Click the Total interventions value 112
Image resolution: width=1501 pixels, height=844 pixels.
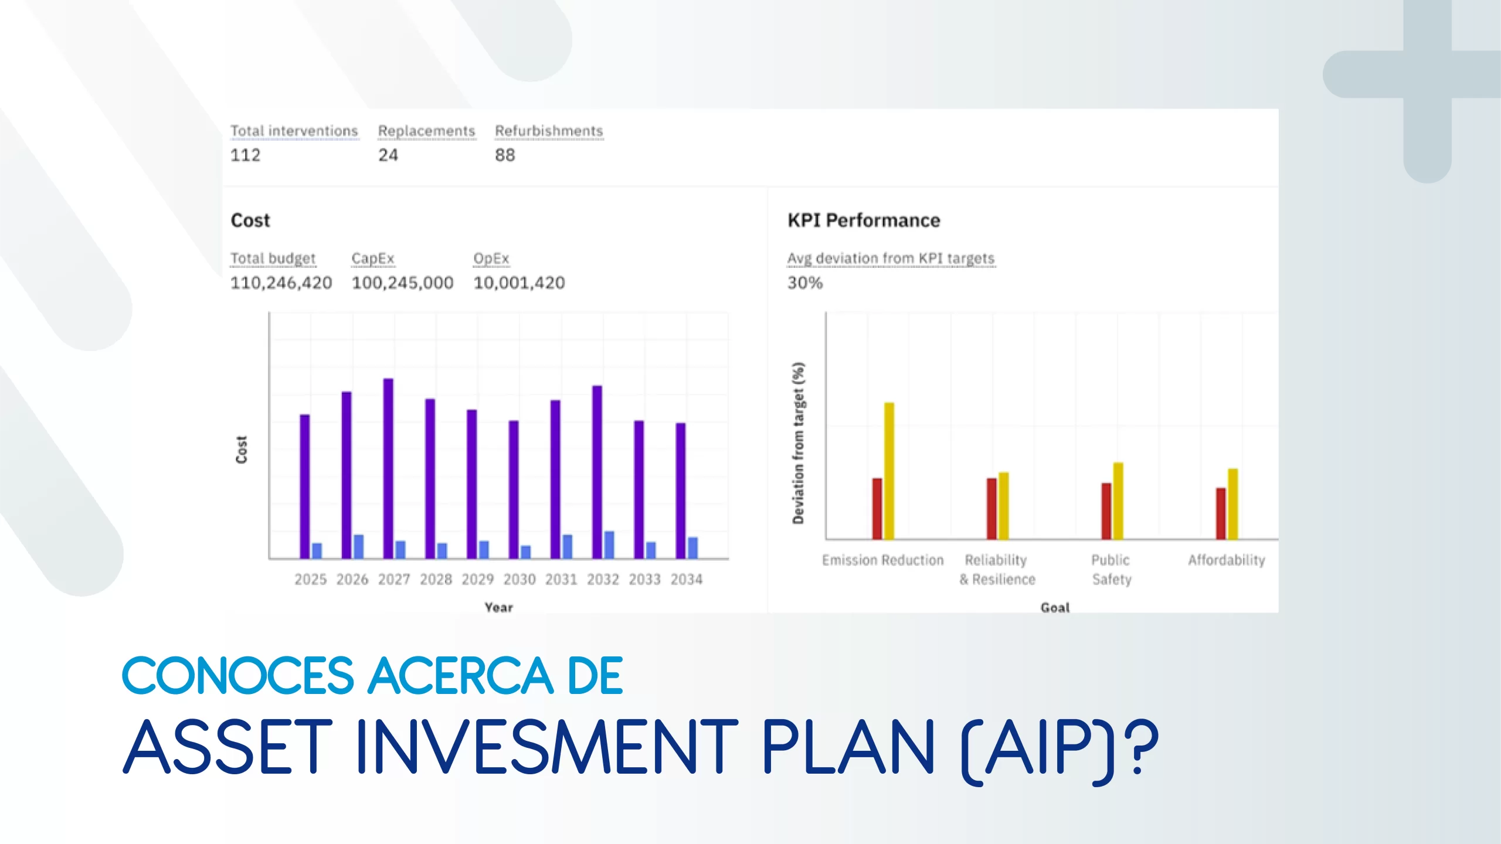[x=245, y=155]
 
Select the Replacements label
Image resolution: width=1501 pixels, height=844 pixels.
[x=426, y=131]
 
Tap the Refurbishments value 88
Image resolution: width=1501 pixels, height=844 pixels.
[x=505, y=155]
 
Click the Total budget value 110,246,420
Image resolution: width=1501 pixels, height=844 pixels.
[x=281, y=283]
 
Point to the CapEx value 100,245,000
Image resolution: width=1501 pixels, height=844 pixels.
[x=402, y=283]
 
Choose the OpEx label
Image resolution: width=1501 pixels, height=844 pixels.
[x=491, y=258]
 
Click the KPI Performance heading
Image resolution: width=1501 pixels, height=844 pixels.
[x=864, y=220]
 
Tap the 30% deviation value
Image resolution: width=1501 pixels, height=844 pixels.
[x=805, y=283]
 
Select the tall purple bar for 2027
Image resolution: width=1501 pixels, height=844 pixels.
[x=388, y=468]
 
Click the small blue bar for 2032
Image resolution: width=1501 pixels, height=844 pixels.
[x=609, y=544]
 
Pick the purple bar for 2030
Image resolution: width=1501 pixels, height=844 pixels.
[x=514, y=489]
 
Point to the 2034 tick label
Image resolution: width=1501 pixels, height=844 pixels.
[x=687, y=580]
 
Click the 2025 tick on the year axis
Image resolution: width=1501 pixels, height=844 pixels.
[x=310, y=580]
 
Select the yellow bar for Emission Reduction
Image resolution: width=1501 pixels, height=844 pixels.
[x=889, y=471]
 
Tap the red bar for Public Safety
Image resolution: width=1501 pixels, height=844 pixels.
[x=1106, y=511]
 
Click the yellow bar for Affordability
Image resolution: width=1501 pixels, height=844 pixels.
[x=1232, y=504]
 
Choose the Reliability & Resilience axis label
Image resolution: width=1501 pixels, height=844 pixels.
[x=997, y=570]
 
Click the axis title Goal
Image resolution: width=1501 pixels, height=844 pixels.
[x=1055, y=608]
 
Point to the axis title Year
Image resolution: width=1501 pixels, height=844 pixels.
[x=499, y=608]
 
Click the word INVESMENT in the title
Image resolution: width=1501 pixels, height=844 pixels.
[x=547, y=748]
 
